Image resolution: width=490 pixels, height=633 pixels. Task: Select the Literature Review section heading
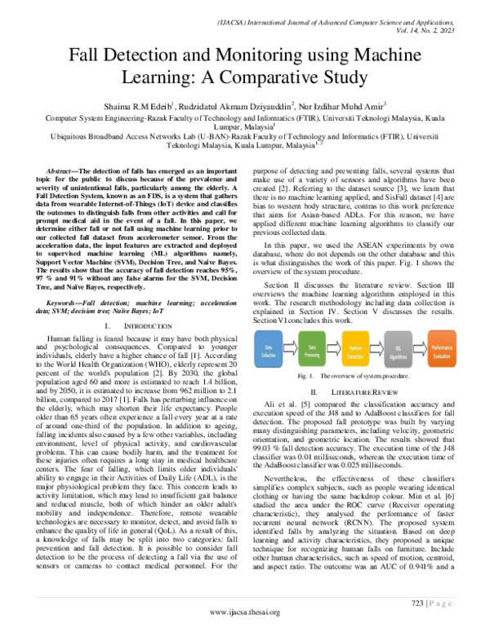point(368,392)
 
